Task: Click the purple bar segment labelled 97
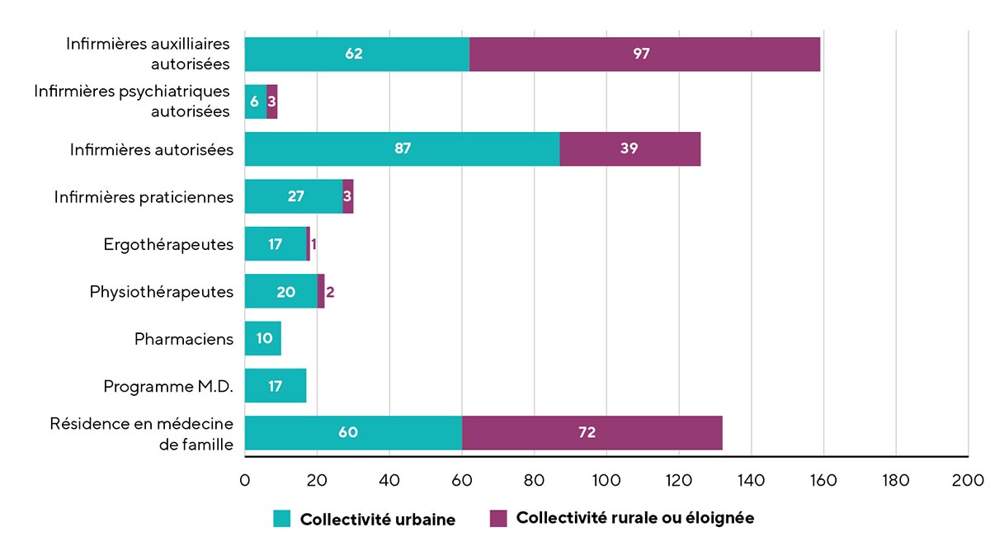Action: coord(644,54)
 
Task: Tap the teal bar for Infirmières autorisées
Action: coord(402,149)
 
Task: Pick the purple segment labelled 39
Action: coord(629,149)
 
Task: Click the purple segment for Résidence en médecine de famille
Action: coord(592,433)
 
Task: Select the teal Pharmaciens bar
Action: coord(262,339)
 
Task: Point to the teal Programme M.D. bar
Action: coord(275,386)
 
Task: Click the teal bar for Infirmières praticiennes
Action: coord(293,196)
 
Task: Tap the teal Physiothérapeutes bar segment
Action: coord(280,291)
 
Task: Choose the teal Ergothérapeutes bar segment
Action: coord(275,244)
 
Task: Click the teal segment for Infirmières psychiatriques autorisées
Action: coord(255,101)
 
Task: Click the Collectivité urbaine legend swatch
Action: coord(282,519)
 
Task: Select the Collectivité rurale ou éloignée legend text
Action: coord(634,518)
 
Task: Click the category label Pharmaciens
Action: coord(184,339)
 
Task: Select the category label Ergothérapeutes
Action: coord(168,244)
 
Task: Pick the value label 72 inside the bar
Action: coord(587,433)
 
